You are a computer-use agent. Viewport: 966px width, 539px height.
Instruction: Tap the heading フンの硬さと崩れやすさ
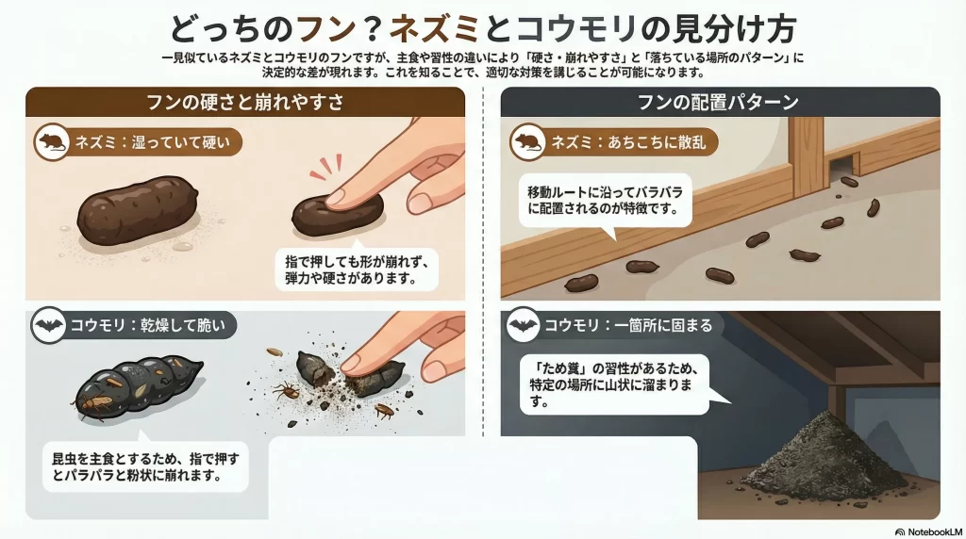tap(244, 102)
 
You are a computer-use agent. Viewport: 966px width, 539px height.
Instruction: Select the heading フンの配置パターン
tap(718, 102)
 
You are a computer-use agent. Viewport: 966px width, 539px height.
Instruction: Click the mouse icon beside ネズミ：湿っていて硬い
tap(52, 142)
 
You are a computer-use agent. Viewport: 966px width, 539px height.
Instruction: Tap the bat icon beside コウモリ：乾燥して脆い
tap(49, 325)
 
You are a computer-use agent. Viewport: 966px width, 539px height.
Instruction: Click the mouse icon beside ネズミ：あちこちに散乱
tap(528, 142)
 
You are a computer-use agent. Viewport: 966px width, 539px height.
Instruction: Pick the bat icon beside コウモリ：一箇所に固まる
tap(523, 325)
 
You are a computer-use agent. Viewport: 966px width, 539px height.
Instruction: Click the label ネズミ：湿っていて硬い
tap(152, 142)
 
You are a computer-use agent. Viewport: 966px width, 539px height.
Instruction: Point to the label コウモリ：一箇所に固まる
tap(627, 325)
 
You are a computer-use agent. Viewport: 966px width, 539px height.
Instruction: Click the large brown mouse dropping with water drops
tap(138, 210)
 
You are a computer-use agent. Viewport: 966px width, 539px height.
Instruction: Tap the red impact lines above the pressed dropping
tap(325, 167)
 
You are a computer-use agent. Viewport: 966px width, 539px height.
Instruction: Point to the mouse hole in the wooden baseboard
tap(841, 168)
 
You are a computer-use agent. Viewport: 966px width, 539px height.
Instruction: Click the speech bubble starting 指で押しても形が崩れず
tap(357, 269)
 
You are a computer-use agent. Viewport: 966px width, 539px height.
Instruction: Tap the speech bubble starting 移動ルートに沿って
tap(605, 201)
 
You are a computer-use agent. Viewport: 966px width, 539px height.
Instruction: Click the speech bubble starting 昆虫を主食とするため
tap(145, 465)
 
